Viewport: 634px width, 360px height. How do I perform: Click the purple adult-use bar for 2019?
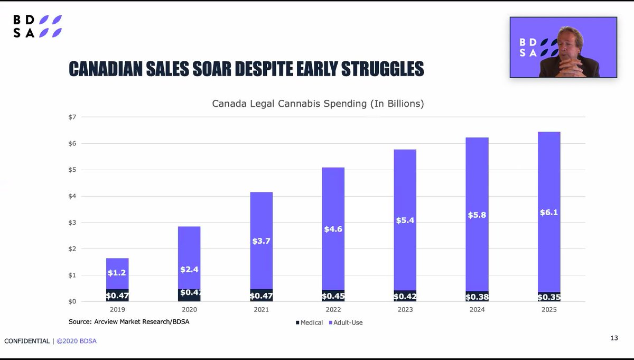117,274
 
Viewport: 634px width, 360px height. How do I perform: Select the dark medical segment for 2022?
333,296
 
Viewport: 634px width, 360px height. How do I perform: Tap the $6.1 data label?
549,213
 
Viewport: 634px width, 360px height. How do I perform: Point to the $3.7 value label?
261,241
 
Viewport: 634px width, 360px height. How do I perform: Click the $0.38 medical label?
477,297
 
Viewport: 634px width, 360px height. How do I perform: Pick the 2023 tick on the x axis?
405,310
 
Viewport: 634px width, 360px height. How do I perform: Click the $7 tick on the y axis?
72,117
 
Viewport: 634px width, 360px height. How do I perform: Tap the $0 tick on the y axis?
72,302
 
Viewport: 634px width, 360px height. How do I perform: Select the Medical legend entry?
309,322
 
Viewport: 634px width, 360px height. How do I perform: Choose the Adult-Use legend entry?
346,322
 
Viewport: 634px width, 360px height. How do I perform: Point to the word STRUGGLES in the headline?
383,69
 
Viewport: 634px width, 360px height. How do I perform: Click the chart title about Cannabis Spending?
318,104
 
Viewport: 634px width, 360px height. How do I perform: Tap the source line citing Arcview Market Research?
129,322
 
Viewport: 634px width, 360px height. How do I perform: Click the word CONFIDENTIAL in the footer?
27,341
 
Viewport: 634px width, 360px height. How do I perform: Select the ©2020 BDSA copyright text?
77,341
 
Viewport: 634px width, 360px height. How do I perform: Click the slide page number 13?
614,338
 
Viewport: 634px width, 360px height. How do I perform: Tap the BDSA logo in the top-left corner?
38,26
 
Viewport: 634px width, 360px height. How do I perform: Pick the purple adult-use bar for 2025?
549,212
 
